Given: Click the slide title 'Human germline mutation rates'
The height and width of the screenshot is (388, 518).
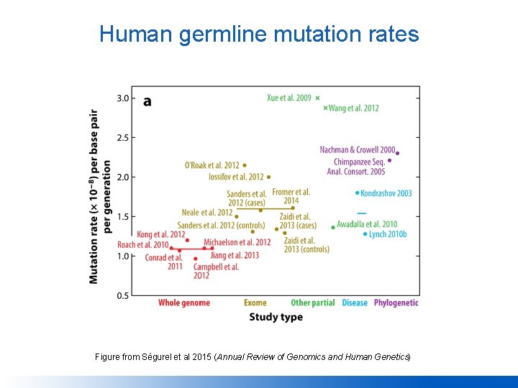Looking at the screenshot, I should [x=259, y=34].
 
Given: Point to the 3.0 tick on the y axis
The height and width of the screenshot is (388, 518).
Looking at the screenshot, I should [x=123, y=98].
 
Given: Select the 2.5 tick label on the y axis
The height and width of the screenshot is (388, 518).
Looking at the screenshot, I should [x=123, y=138].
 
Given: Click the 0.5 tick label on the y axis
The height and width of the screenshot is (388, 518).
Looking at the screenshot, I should [x=123, y=295].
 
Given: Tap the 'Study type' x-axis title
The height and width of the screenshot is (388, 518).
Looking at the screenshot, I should [x=276, y=317].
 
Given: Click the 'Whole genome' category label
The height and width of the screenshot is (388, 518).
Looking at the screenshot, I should [x=184, y=302].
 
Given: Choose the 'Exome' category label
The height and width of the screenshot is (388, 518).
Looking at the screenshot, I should [x=255, y=302].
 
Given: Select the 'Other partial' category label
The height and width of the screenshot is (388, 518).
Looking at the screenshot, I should [x=312, y=302].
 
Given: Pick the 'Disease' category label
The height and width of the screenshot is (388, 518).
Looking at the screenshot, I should [x=355, y=302].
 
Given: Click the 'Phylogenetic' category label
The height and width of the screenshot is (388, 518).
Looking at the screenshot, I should [x=396, y=302].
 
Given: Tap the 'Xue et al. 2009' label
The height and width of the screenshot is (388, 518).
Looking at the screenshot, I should [x=288, y=98].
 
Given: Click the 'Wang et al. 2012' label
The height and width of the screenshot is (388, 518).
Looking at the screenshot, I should [x=353, y=108].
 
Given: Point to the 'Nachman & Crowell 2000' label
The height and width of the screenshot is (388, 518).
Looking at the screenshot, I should [x=358, y=149].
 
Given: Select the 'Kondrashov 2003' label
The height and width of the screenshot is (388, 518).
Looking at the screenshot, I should [x=386, y=193].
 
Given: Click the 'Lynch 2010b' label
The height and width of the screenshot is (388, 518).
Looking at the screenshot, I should [x=388, y=234].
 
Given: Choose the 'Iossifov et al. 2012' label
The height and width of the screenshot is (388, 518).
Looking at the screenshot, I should [x=236, y=176].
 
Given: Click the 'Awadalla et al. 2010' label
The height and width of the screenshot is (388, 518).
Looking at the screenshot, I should [x=367, y=224].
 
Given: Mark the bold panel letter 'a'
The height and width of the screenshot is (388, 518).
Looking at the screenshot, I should [x=147, y=101].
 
